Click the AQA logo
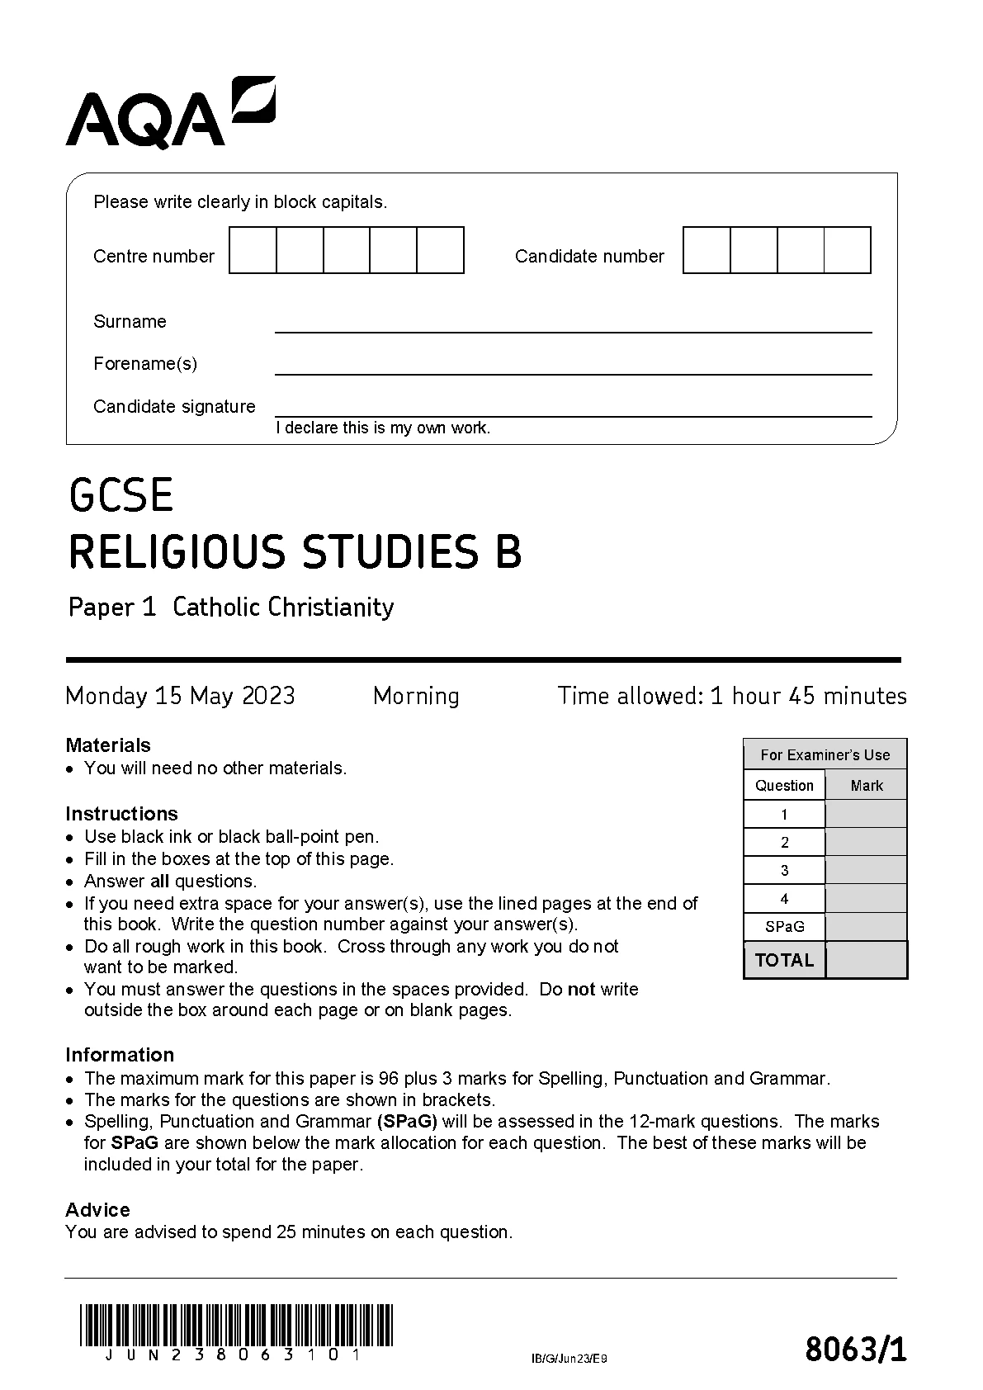170,114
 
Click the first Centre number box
253,250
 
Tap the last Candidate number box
848,250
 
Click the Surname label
130,322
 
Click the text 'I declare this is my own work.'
383,428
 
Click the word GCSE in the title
121,495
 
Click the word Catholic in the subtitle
217,608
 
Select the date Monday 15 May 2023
180,696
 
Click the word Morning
416,696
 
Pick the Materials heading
108,745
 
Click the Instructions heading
121,813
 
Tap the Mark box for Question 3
866,871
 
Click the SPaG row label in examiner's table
784,927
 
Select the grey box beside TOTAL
866,960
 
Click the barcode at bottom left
237,1326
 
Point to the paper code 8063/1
855,1350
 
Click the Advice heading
97,1210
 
